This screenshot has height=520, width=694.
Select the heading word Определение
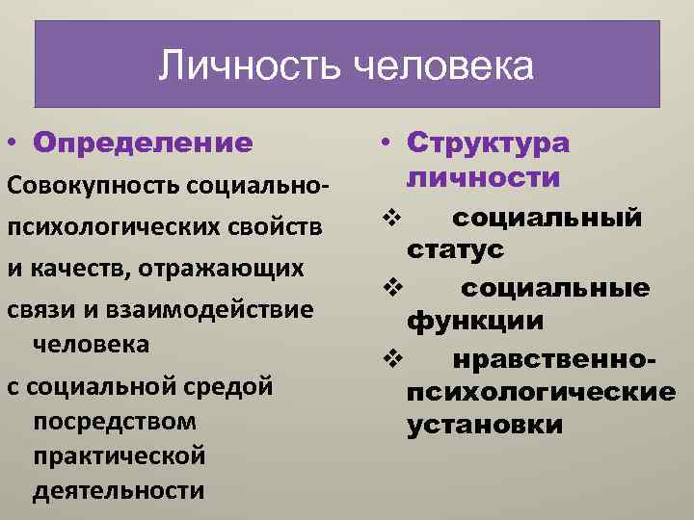(142, 143)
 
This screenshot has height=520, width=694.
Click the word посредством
(114, 422)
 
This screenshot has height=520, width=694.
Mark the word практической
(120, 456)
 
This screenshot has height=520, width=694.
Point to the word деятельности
(118, 490)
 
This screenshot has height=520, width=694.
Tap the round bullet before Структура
(384, 143)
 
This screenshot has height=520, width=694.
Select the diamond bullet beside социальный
(390, 218)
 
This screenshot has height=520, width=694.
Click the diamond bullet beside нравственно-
(390, 360)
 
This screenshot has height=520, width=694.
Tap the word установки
(485, 425)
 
